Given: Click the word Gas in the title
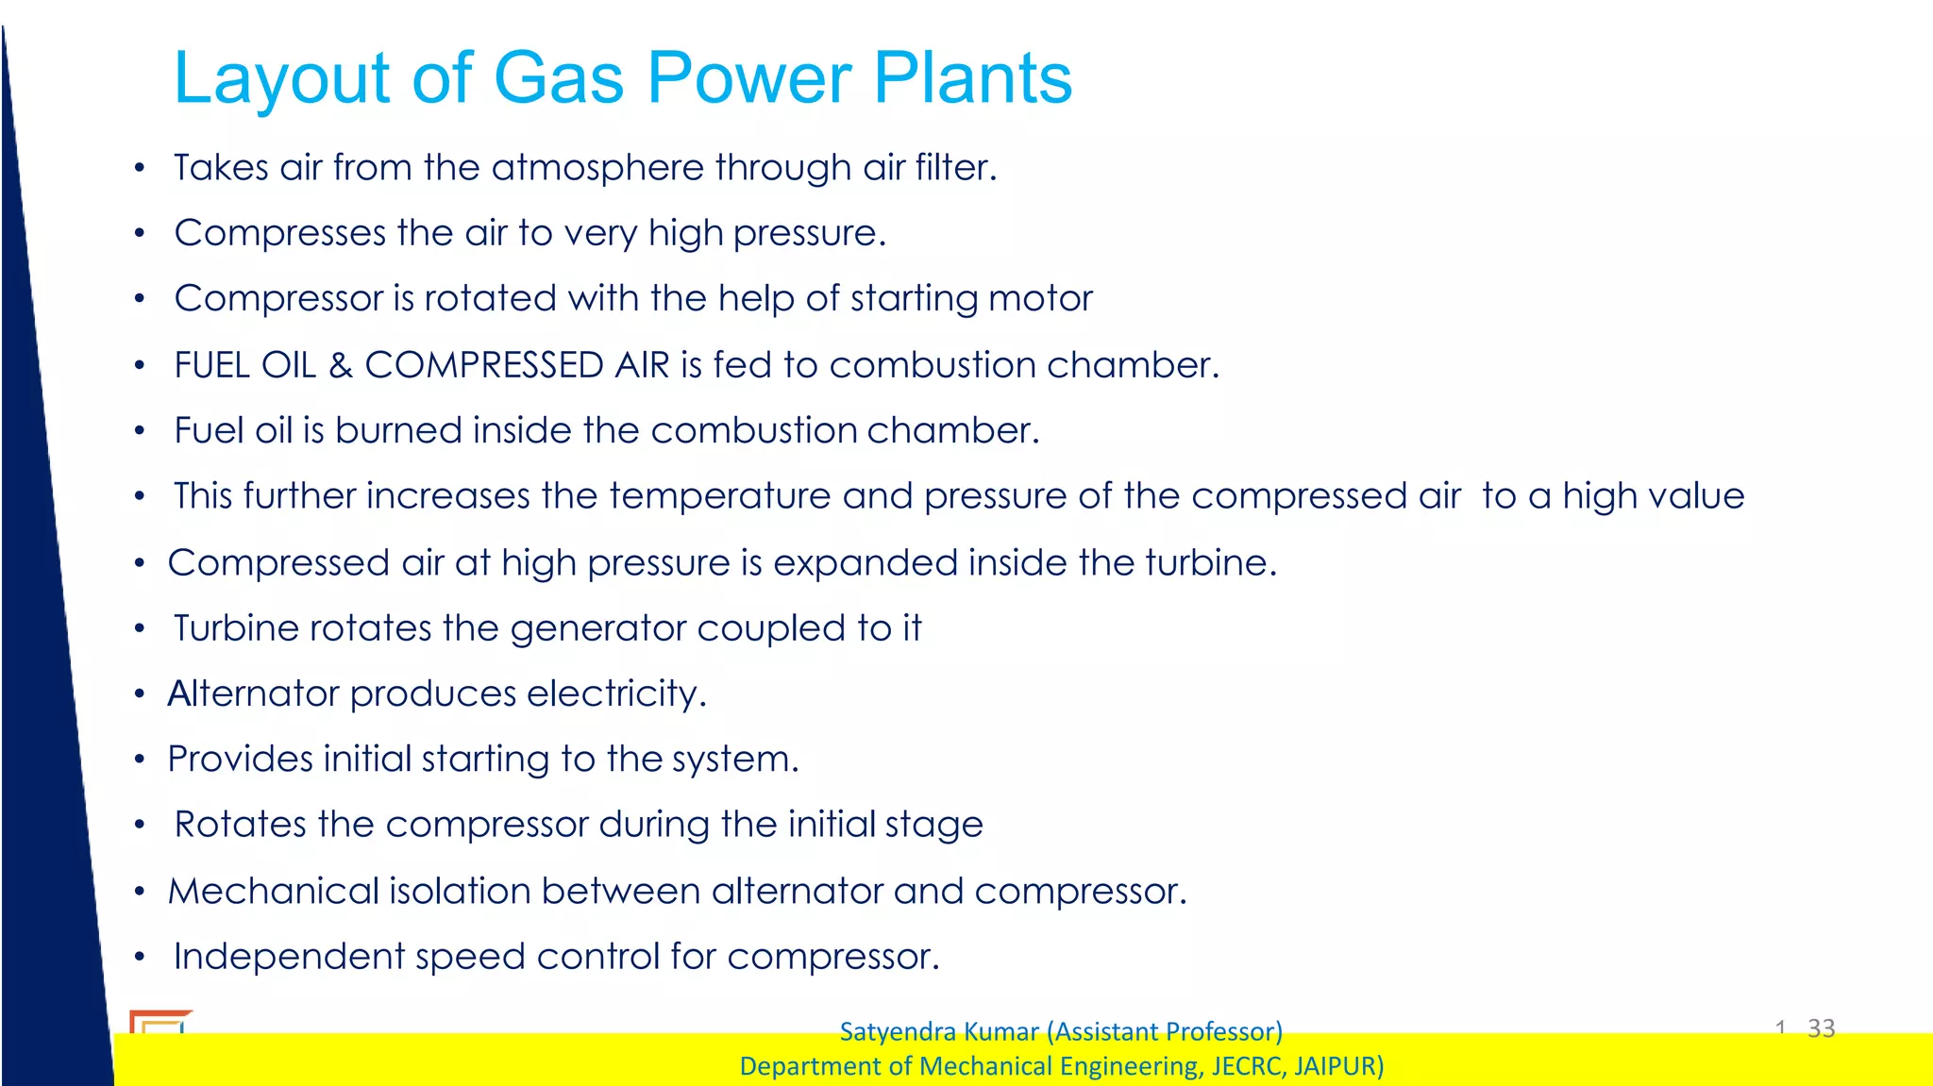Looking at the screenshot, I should [x=558, y=77].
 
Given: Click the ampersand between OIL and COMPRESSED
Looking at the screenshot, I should [x=340, y=365].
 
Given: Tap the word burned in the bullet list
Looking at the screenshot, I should [x=397, y=431].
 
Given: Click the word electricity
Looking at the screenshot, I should [x=615, y=694].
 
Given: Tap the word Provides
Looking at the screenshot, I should [x=240, y=760].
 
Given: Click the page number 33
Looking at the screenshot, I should [x=1821, y=1028].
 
